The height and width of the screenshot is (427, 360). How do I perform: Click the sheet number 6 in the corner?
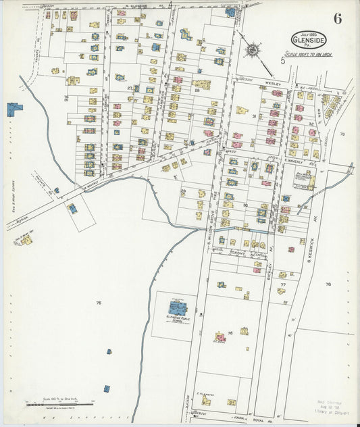[336, 18]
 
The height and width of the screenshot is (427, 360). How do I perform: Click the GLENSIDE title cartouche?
[310, 40]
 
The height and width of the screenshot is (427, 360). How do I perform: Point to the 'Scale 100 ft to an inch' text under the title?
[310, 54]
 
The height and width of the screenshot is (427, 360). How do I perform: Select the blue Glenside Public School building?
[178, 308]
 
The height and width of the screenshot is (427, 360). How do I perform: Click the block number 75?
[99, 303]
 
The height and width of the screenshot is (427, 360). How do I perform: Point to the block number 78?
[328, 284]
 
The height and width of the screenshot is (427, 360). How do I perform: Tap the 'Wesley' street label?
[272, 84]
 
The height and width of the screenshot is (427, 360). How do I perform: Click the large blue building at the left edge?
[14, 109]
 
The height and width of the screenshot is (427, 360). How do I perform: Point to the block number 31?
[255, 116]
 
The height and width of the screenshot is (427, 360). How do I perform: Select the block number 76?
[230, 332]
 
